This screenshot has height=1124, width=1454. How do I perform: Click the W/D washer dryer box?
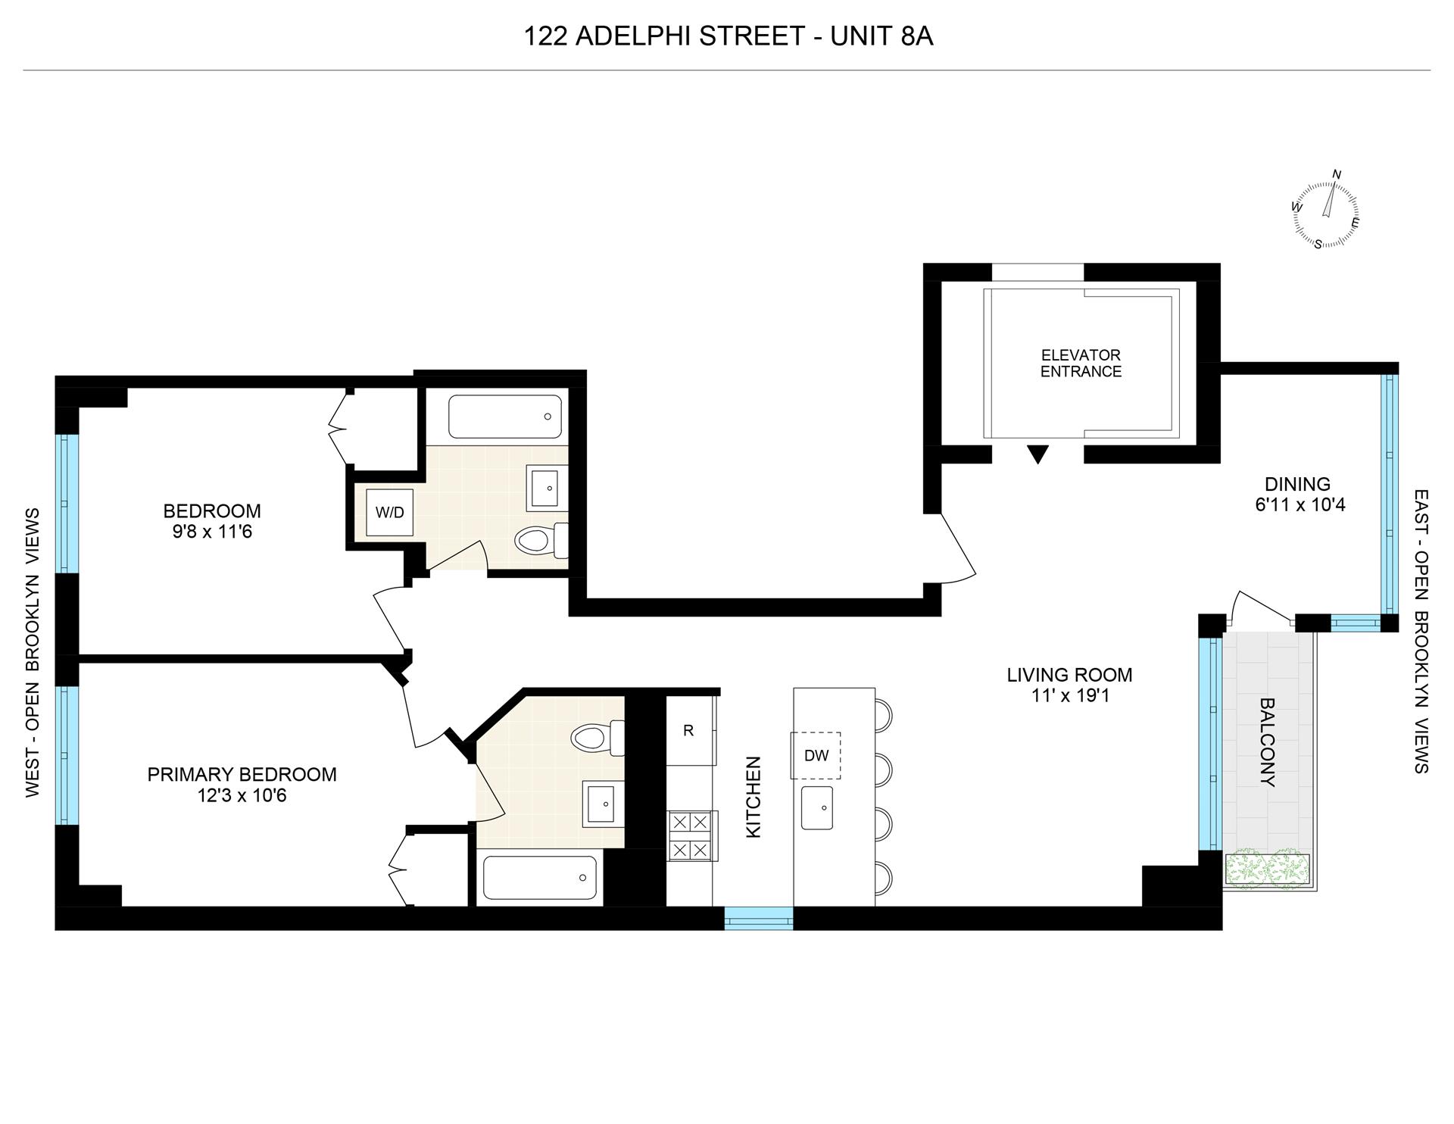(x=389, y=513)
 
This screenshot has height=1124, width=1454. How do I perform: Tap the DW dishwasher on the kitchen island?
(x=816, y=755)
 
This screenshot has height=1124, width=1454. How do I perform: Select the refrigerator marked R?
(x=688, y=731)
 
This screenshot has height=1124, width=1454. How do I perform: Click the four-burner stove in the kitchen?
(x=691, y=836)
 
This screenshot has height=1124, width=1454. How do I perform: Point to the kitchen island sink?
(x=817, y=808)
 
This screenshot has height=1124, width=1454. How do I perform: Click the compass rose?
(x=1325, y=214)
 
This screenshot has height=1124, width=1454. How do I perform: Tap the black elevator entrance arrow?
(x=1037, y=454)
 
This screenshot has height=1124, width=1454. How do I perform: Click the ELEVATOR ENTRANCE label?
(x=1081, y=364)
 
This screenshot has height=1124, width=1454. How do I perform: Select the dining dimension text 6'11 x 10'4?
(x=1300, y=504)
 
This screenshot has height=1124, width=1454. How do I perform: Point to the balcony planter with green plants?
(x=1266, y=869)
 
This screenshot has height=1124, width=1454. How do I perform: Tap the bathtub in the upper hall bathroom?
(x=505, y=417)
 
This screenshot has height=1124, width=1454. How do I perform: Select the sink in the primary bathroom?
(x=604, y=804)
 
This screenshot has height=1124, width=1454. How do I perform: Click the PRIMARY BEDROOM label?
(x=242, y=774)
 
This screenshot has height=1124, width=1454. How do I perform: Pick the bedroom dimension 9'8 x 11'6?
(x=212, y=532)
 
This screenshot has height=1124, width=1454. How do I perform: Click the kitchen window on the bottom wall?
(x=759, y=919)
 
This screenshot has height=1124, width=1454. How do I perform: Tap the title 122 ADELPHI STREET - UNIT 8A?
(x=728, y=36)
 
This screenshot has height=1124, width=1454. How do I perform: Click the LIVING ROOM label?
(x=1069, y=674)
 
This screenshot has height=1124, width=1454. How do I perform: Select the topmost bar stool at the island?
(x=883, y=714)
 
